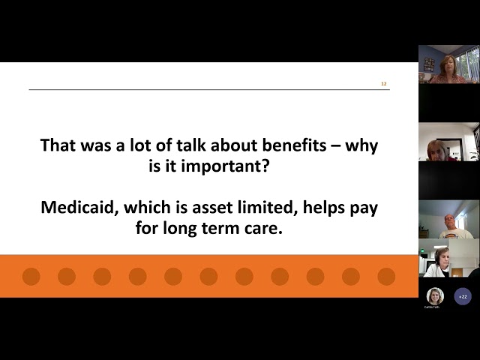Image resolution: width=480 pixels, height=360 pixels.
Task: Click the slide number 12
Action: tap(384, 84)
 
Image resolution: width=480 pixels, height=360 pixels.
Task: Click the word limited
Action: tap(272, 208)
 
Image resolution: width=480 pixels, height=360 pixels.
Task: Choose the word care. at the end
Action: tap(262, 228)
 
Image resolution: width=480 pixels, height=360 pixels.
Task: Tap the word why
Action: tap(363, 145)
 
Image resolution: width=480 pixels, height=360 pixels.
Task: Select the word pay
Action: tap(363, 208)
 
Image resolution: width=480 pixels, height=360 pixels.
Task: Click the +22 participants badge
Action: tap(463, 295)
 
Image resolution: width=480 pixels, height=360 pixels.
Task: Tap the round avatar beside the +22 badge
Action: tap(435, 295)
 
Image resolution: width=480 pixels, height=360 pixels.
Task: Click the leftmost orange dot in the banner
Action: tap(31, 276)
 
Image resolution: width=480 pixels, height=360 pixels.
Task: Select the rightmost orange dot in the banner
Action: tap(386, 276)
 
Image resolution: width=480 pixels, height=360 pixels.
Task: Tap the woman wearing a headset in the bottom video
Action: tap(442, 261)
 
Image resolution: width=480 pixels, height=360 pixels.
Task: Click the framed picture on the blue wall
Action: tap(428, 64)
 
